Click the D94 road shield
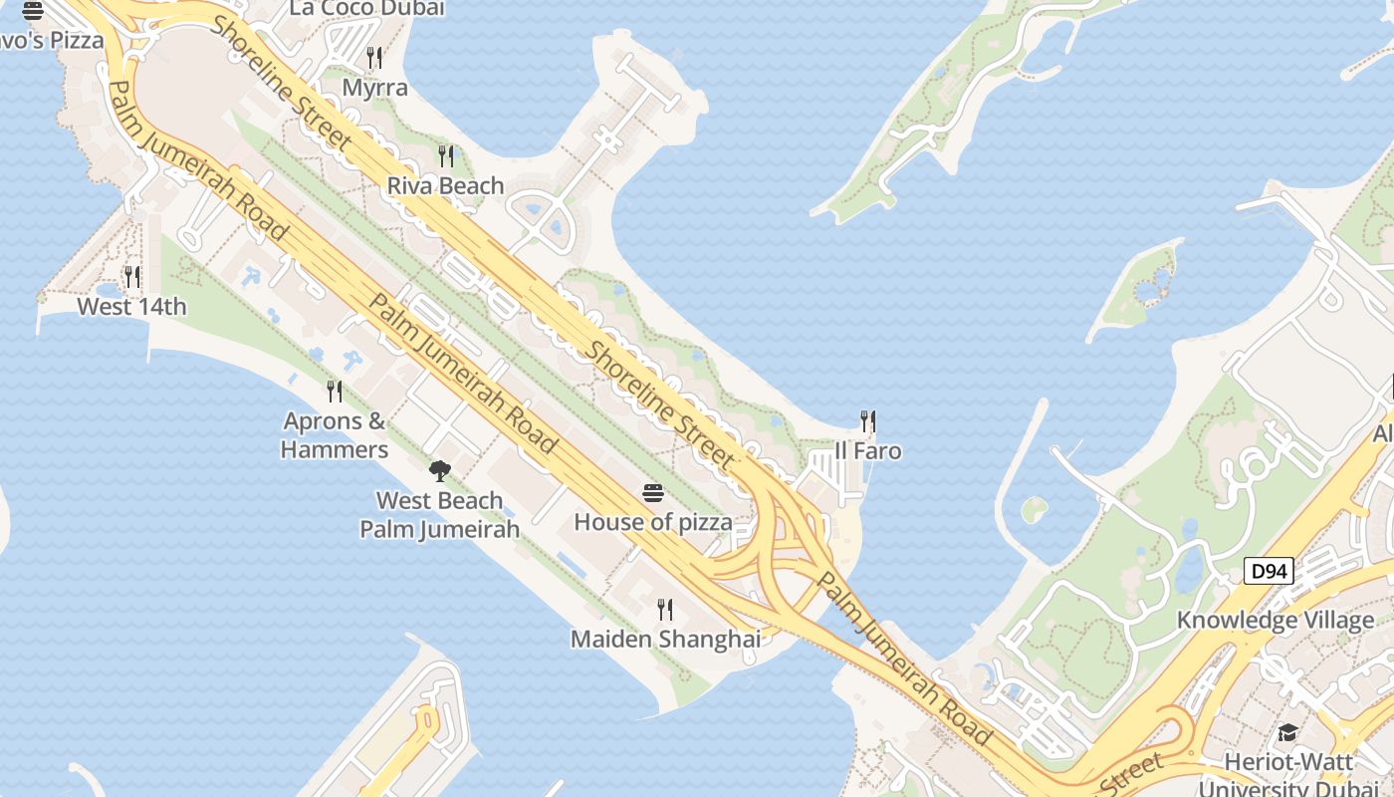coord(1270,571)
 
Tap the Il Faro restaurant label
coord(868,450)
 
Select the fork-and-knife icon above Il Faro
coord(868,421)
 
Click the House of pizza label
coord(653,521)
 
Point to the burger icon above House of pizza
coord(653,492)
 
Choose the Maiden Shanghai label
coord(665,639)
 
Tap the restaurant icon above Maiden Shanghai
coord(665,609)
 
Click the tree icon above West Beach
coord(439,470)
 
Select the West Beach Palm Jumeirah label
coord(439,514)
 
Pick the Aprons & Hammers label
coord(335,435)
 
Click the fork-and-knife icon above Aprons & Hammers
coord(335,392)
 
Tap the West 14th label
coord(131,306)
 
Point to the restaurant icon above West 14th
coord(131,276)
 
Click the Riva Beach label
coord(445,185)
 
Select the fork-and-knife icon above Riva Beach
coord(446,156)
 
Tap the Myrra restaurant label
coord(374,88)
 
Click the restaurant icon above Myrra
coord(374,58)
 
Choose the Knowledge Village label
coord(1276,620)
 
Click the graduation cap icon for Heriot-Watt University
coord(1287,733)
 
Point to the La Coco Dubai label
coord(366,9)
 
